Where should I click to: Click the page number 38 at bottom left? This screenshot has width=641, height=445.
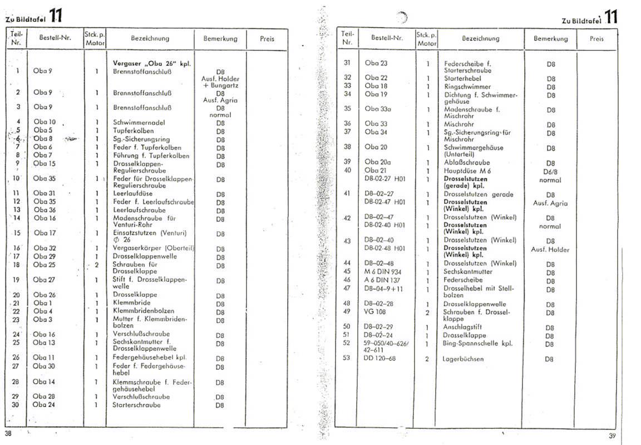(8, 433)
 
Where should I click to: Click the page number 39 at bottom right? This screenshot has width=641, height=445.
(612, 436)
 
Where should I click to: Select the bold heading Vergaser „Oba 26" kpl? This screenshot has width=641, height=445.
(151, 63)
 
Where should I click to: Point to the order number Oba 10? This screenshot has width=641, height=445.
(45, 122)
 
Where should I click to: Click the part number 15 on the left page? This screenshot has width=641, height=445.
(17, 233)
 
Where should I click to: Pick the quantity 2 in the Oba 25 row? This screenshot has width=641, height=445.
(96, 265)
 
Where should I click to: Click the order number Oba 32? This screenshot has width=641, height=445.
(45, 248)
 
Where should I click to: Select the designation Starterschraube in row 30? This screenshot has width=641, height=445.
(136, 405)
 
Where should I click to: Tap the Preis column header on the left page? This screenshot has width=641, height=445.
(267, 39)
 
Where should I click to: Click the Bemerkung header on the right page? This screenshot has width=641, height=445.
(550, 39)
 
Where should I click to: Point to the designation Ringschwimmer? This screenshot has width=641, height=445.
(467, 86)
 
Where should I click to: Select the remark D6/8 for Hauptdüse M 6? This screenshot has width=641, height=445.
(550, 172)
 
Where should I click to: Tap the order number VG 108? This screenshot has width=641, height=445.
(376, 312)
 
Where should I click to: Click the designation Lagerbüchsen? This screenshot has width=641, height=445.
(463, 359)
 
